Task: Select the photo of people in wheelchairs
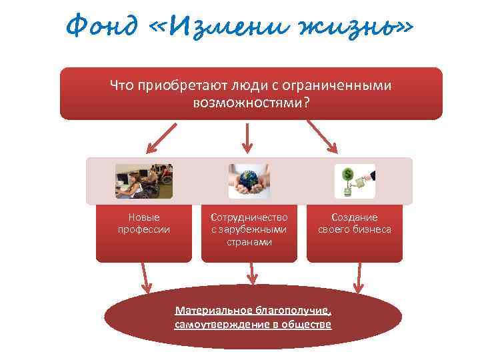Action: pos(144,181)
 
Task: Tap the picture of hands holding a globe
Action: pos(249,181)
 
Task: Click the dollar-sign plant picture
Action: pos(354,181)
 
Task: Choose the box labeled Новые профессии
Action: pos(143,233)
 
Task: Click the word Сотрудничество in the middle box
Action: pos(249,217)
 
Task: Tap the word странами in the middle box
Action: pos(249,241)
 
